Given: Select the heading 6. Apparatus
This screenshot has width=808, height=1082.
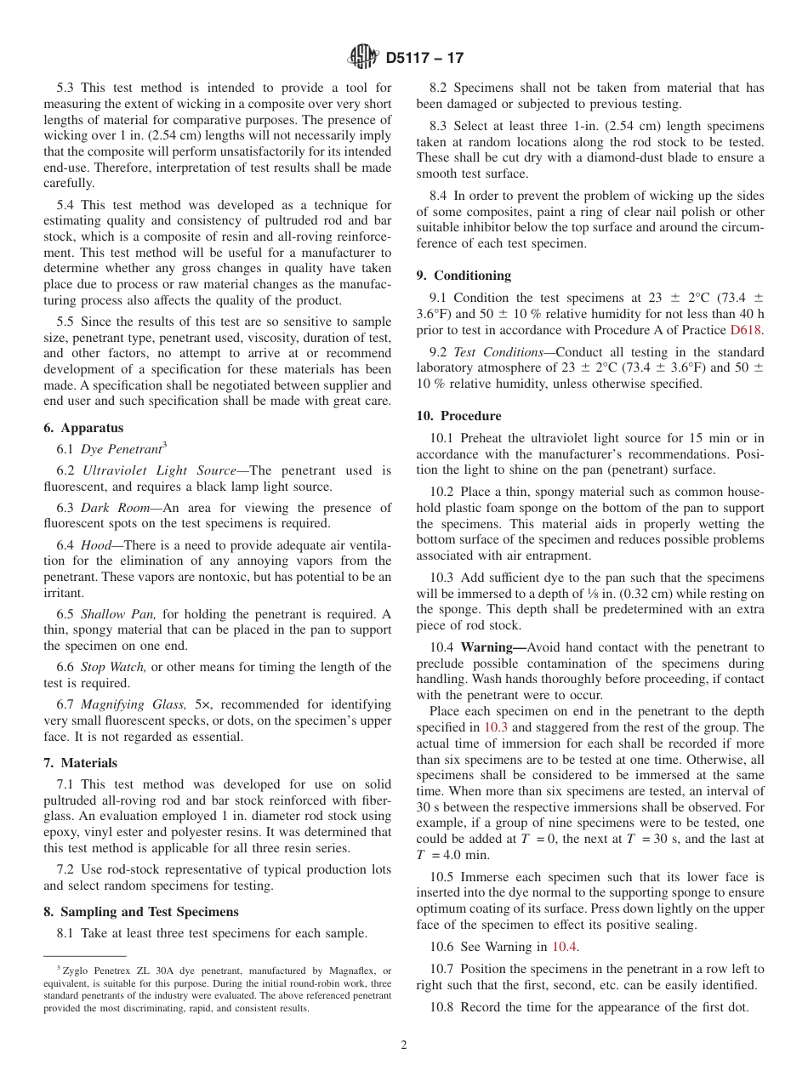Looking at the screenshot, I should point(83,428).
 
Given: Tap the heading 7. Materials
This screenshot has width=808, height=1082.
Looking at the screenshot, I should point(81,763).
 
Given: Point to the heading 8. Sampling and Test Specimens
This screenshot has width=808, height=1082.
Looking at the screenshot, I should point(141,912).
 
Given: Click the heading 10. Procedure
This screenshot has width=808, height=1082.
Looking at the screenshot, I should point(458,416).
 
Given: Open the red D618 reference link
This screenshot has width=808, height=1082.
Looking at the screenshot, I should point(747,329).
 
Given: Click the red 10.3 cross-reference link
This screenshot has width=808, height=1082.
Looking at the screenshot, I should point(496,727).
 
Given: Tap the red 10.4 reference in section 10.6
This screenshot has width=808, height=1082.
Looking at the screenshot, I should point(564,947).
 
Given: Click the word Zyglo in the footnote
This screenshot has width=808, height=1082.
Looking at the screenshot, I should point(75,971).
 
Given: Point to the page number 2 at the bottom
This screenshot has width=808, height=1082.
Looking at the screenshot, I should point(404,1045).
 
